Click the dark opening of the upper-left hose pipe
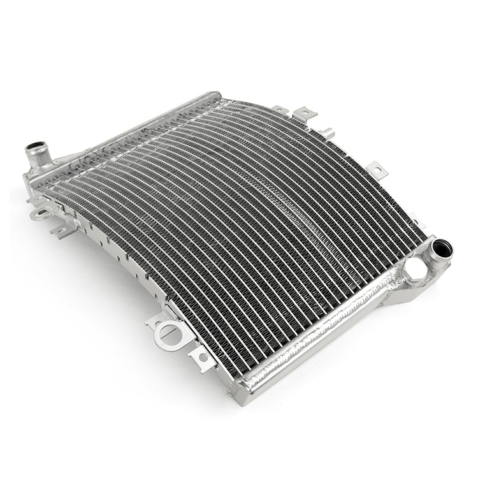[32, 150]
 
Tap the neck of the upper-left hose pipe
[34, 160]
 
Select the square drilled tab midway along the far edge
[377, 170]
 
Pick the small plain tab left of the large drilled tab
[280, 110]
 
